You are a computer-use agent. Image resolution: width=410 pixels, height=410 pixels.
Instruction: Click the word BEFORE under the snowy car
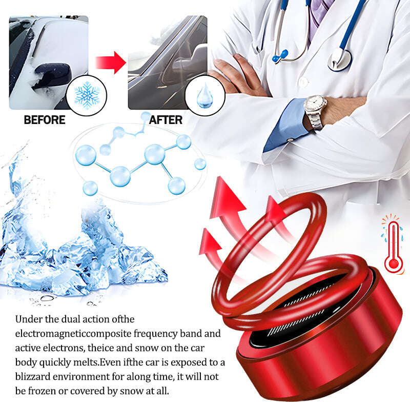pos(45,120)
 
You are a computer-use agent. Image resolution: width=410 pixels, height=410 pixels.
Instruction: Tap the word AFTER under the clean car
pos(166,120)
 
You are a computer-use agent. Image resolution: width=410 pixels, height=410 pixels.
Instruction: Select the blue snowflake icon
pos(87,95)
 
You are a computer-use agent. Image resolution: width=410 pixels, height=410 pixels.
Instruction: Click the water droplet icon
pos(204,96)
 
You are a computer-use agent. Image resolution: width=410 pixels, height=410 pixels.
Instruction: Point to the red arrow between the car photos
pos(110,63)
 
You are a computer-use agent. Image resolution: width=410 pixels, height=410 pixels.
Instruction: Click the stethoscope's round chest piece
pos(340,59)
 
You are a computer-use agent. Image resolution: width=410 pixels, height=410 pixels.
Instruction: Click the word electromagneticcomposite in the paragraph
pos(73,334)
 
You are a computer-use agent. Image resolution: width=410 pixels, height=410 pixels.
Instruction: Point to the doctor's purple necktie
pos(318,16)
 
